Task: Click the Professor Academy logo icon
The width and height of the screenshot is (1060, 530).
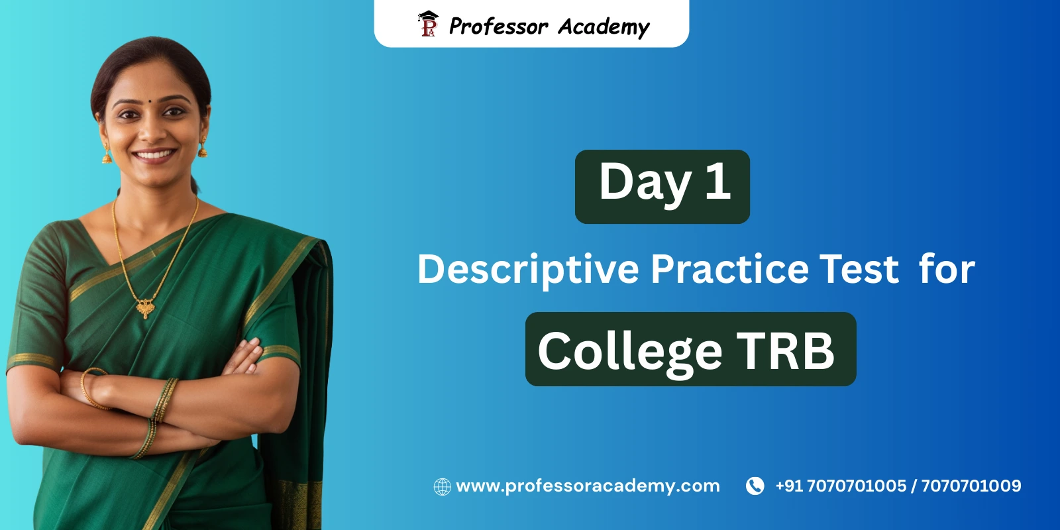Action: [428, 24]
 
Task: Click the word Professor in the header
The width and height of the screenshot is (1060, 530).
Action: [498, 26]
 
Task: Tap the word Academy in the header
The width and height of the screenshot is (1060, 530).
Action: [604, 26]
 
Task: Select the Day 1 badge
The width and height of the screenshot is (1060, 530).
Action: [662, 186]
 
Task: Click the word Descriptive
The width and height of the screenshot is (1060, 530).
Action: [528, 270]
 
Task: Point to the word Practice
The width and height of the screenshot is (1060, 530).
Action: [729, 268]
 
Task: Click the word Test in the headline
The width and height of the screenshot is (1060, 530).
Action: [859, 268]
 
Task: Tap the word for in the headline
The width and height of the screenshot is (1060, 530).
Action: [947, 268]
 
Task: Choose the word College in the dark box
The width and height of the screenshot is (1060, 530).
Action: [629, 350]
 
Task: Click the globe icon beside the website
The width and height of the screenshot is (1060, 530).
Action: [442, 487]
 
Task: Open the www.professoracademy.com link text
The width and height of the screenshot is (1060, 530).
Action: [588, 486]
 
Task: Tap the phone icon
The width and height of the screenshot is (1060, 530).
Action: [755, 486]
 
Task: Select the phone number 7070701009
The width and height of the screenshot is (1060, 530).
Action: [971, 486]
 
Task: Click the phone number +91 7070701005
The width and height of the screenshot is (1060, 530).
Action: [841, 486]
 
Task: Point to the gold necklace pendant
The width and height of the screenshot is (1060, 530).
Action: [145, 307]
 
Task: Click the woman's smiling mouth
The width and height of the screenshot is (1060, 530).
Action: [154, 156]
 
